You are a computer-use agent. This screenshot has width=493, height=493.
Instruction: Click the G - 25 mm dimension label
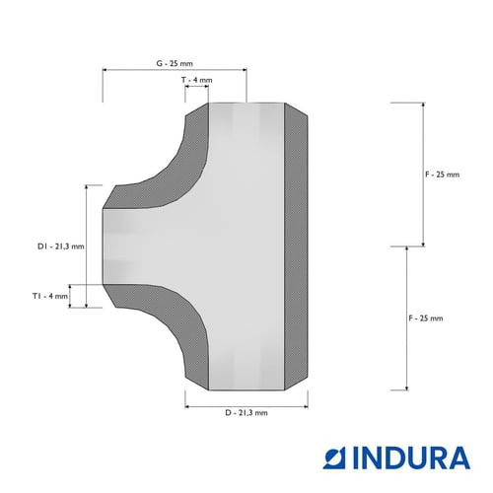pyautogui.click(x=175, y=63)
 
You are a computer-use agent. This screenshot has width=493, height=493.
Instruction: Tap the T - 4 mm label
pyautogui.click(x=196, y=80)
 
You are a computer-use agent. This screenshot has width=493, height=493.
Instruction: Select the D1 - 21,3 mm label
pyautogui.click(x=61, y=246)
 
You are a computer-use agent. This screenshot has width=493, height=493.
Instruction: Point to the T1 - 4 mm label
pyautogui.click(x=50, y=296)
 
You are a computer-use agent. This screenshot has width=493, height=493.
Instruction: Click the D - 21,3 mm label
pyautogui.click(x=246, y=413)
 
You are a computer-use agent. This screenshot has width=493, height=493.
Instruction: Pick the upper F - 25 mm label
pyautogui.click(x=442, y=175)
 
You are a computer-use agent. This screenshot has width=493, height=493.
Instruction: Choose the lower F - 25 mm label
pyautogui.click(x=426, y=318)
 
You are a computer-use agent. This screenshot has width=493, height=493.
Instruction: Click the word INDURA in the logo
pyautogui.click(x=411, y=458)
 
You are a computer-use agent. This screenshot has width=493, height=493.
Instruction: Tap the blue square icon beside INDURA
pyautogui.click(x=334, y=458)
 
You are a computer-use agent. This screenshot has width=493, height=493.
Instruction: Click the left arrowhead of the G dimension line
pyautogui.click(x=105, y=70)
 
